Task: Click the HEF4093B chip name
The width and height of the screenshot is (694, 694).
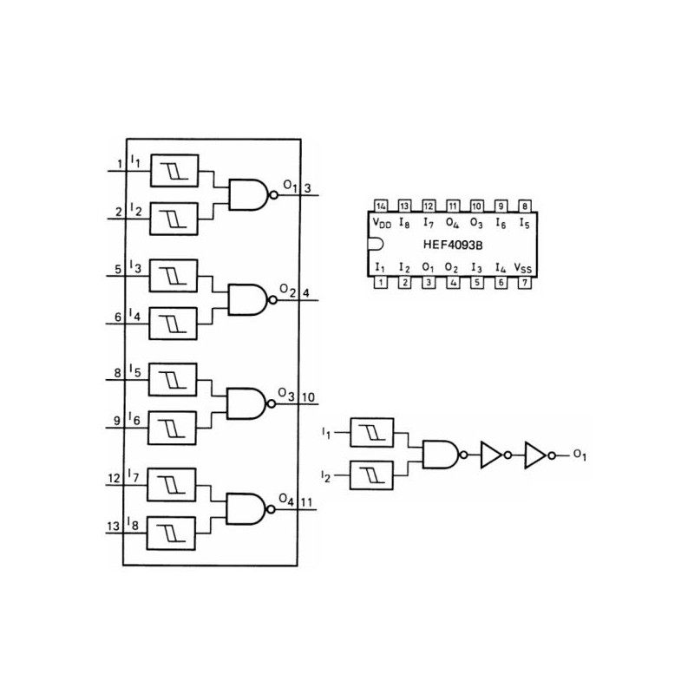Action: (452, 246)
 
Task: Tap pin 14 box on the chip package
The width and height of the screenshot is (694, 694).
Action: (381, 206)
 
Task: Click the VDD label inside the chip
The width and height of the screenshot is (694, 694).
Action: (382, 224)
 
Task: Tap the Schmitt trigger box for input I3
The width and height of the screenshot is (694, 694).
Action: (173, 277)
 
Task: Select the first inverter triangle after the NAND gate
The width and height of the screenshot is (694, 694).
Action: (491, 454)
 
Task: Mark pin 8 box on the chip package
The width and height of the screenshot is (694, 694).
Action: (523, 206)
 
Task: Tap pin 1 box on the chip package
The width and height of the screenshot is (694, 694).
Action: (381, 283)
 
